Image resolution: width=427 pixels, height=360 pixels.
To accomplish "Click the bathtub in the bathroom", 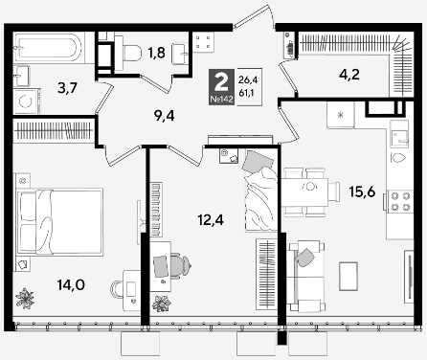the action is coord(49,48).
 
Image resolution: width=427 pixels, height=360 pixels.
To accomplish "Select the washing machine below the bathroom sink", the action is coord(27,101).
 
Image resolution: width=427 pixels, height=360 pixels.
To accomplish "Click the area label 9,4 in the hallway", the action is coord(164,116).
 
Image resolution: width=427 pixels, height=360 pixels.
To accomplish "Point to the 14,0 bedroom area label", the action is coord(71,284).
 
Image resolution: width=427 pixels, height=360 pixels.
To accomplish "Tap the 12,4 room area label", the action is coord(211,219).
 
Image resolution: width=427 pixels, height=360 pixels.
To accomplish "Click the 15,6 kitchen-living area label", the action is coord(362,191).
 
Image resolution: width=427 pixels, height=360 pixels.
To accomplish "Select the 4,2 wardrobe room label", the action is coord(348,75).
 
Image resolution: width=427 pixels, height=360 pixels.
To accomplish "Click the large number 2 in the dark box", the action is coord(221,82).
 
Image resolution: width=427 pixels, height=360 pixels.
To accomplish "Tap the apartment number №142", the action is coord(221,100).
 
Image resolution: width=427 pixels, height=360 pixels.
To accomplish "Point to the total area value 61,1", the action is coord(248,94).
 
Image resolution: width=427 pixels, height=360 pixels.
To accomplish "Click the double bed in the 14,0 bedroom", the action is coord(60,222).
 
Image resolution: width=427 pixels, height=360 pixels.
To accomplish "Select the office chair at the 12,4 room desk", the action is coord(180,266).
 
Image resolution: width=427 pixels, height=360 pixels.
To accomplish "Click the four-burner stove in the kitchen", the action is coord(400,201).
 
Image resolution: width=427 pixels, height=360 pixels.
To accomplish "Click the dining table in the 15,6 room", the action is coord(304,192).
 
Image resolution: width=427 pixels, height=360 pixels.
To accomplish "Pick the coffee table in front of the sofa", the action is coord(348,276).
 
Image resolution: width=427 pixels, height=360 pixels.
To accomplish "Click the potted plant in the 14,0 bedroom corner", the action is coord(25,299).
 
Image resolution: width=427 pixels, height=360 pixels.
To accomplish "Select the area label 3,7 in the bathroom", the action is coord(68,88).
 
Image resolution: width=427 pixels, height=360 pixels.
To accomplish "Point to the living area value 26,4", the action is coord(248,79).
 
